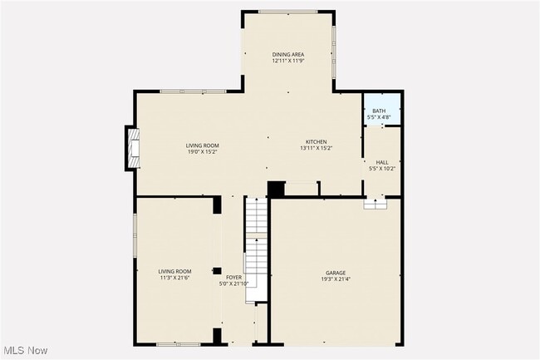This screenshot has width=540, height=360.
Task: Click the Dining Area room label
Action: [x=287, y=55]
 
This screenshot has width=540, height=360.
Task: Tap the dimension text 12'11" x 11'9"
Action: [x=287, y=61]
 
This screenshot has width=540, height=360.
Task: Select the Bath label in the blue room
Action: [x=379, y=111]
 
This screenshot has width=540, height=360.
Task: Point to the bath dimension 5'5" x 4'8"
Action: [x=379, y=117]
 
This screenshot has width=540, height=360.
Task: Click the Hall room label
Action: [x=382, y=162]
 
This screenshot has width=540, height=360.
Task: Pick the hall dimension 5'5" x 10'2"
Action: [x=382, y=168]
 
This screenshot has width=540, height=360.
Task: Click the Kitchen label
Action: [x=316, y=142]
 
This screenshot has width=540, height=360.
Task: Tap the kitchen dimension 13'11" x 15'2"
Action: [x=316, y=148]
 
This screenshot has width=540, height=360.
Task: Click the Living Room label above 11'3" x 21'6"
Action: [x=174, y=271]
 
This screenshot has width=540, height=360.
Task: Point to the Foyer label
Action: [x=233, y=277]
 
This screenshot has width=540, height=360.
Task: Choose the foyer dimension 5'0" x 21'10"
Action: [x=233, y=284]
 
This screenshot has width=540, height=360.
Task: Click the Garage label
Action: [x=336, y=273]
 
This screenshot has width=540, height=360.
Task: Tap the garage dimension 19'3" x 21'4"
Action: [x=336, y=279]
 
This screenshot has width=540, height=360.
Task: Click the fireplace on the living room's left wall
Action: [x=132, y=148]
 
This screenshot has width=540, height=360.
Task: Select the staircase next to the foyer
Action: [x=257, y=241]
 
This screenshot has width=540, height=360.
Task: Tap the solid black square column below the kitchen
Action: [x=275, y=189]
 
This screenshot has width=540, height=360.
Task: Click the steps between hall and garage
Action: [x=376, y=204]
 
